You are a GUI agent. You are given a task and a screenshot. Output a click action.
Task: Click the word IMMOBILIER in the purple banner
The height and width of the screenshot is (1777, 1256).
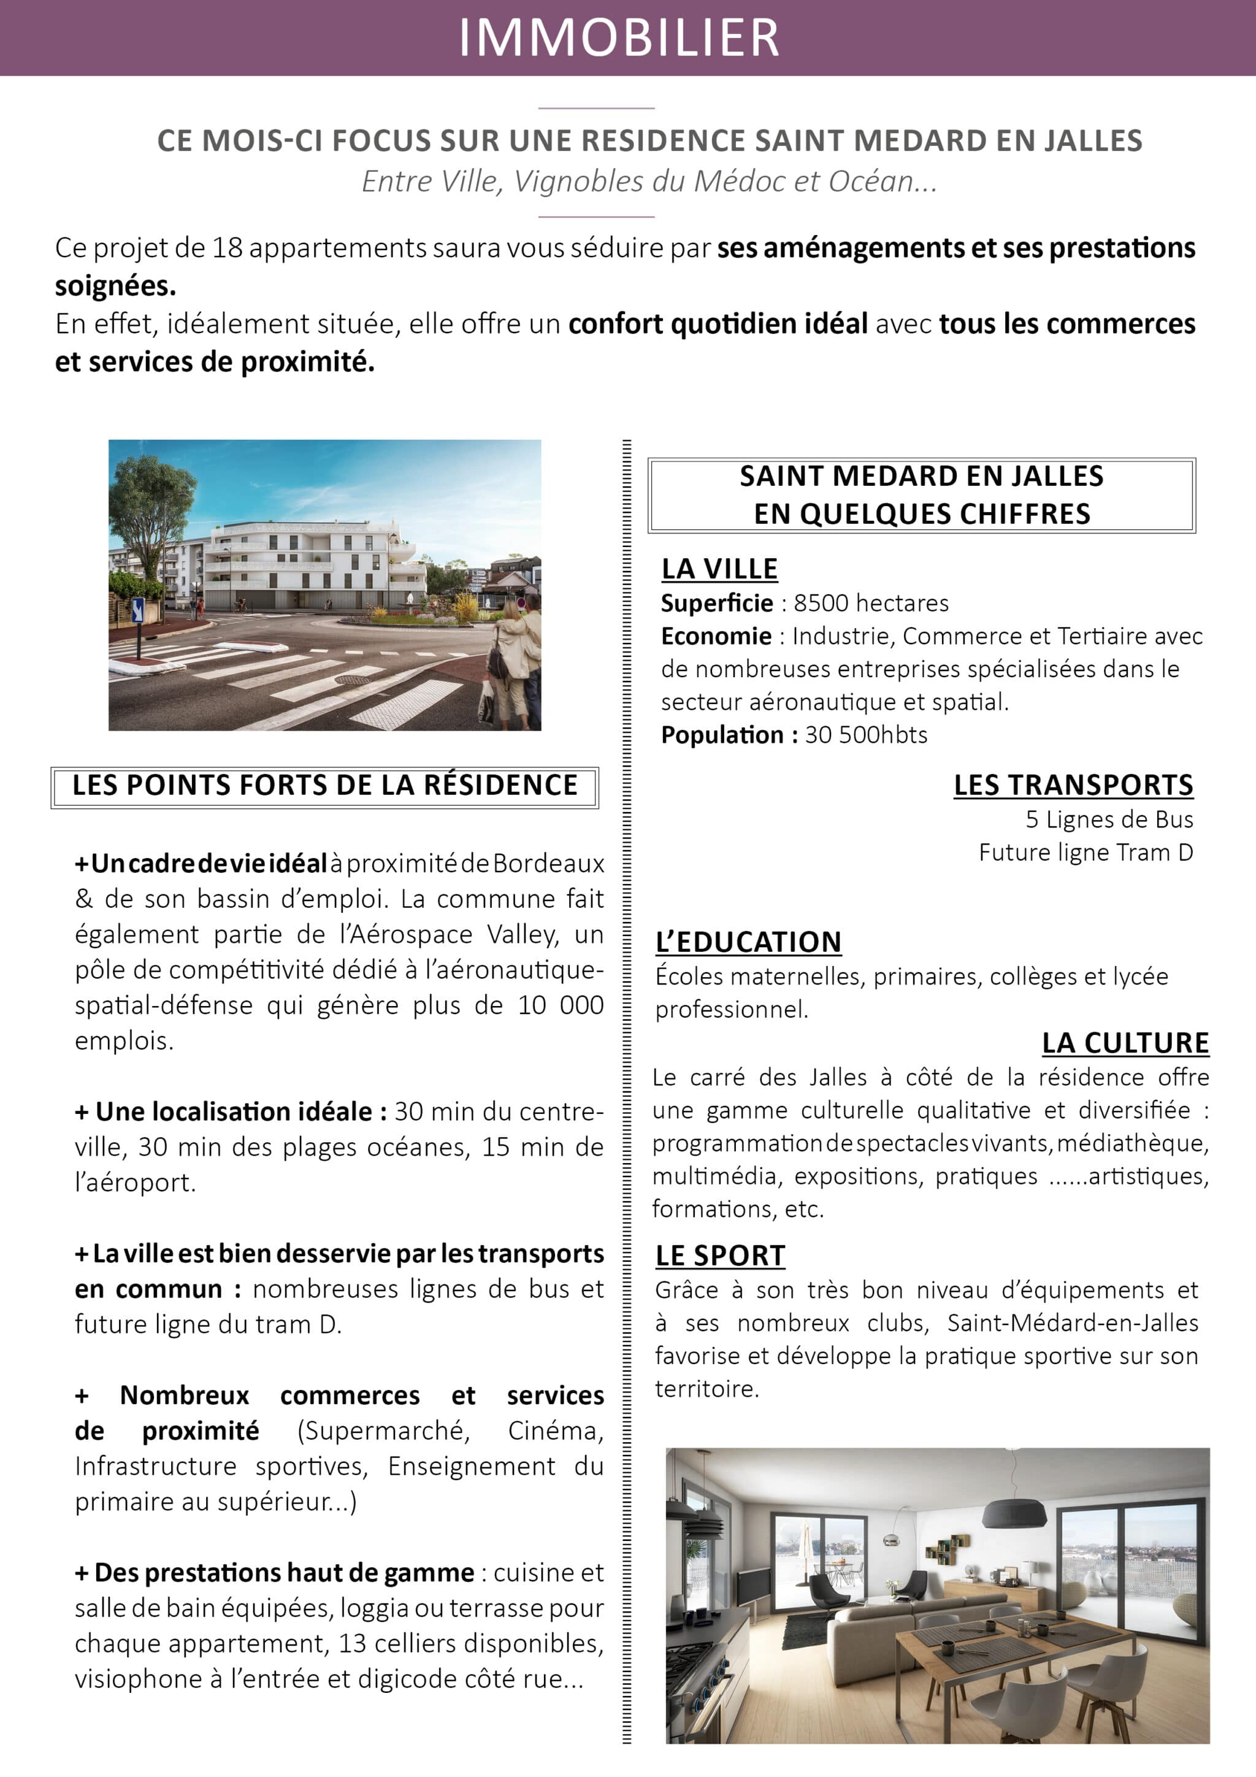click(619, 37)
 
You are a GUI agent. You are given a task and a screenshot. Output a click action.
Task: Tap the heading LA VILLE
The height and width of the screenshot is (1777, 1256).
click(719, 569)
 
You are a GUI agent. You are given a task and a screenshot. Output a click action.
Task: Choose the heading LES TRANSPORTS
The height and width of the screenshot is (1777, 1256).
click(1073, 785)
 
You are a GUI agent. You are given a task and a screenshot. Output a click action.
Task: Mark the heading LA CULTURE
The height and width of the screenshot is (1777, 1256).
click(1124, 1043)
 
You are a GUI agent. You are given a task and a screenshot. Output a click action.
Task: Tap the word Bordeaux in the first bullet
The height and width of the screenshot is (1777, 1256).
click(548, 863)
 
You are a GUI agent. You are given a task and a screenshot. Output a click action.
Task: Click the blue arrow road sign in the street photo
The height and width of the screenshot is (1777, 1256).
click(139, 610)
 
